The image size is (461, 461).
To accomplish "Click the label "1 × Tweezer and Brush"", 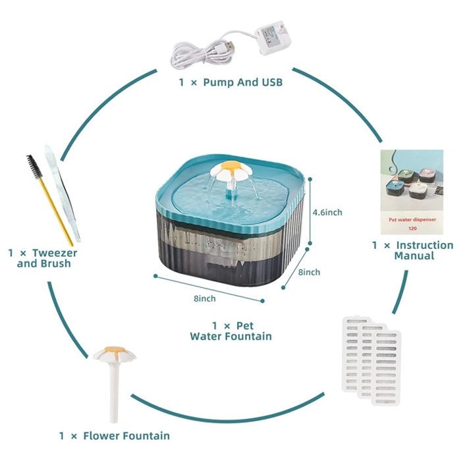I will (x=44, y=258).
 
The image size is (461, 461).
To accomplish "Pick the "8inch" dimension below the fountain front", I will (x=205, y=298).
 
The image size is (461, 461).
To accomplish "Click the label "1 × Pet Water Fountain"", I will (x=231, y=331).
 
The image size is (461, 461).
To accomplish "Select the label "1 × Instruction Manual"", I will (x=413, y=250).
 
